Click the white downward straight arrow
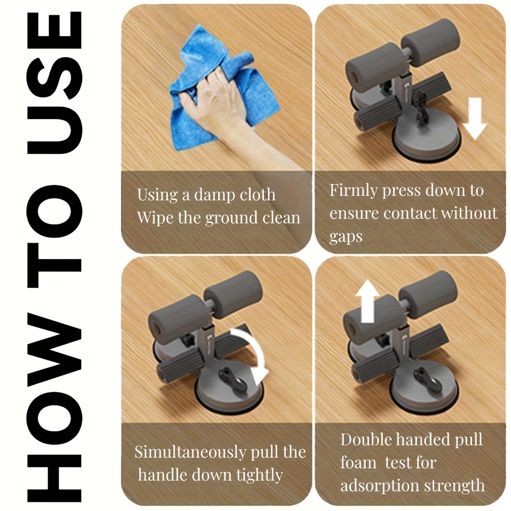pyautogui.click(x=475, y=119)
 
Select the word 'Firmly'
pyautogui.click(x=354, y=191)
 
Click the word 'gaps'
pyautogui.click(x=346, y=237)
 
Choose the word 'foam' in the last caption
pyautogui.click(x=358, y=462)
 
